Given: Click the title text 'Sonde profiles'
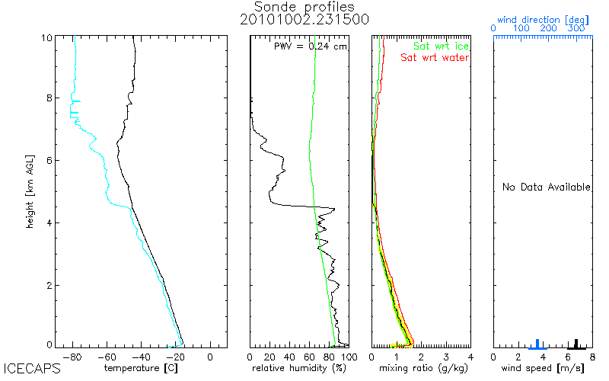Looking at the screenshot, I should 304,7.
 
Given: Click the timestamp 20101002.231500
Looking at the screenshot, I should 304,20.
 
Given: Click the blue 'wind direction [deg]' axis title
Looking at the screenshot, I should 541,18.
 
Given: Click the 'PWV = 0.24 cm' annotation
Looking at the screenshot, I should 310,46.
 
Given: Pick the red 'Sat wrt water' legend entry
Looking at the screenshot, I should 435,58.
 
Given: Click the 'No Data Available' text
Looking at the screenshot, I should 546,187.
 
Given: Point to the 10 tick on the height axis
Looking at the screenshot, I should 47,38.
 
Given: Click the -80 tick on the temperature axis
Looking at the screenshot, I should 74,357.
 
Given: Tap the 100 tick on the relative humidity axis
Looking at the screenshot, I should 348,357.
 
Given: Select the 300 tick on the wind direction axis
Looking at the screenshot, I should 576,29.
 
